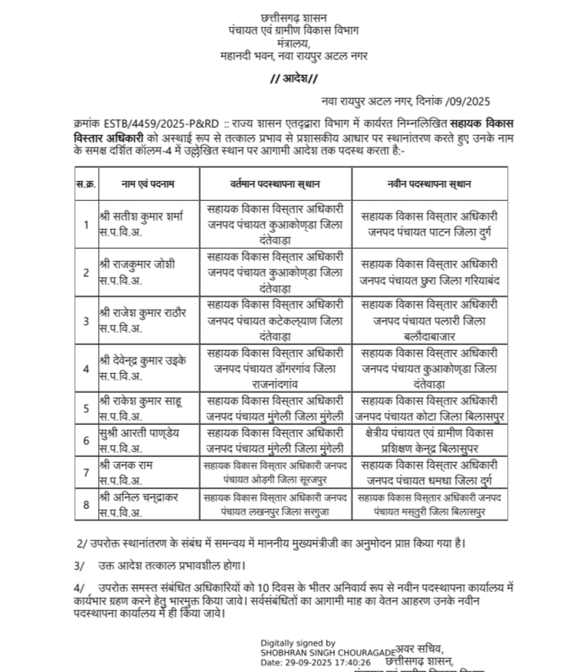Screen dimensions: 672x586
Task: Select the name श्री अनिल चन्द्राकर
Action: click(140, 495)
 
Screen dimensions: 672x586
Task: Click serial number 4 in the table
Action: click(85, 367)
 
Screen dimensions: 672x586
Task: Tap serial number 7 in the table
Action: click(85, 473)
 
